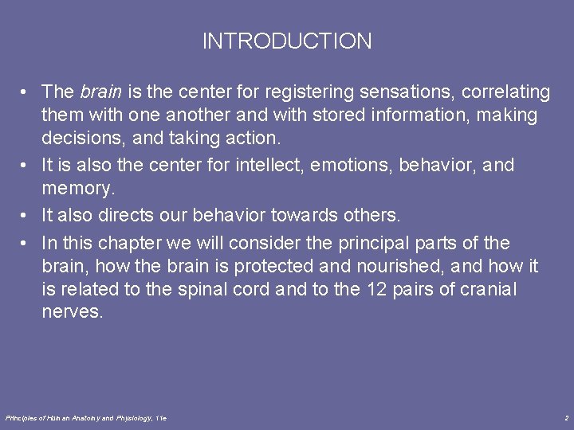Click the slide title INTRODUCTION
click(287, 41)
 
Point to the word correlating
click(502, 92)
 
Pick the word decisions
click(77, 139)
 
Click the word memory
click(77, 190)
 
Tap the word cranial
click(488, 289)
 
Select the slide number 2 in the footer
click(565, 417)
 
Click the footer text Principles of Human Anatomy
click(56, 417)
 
